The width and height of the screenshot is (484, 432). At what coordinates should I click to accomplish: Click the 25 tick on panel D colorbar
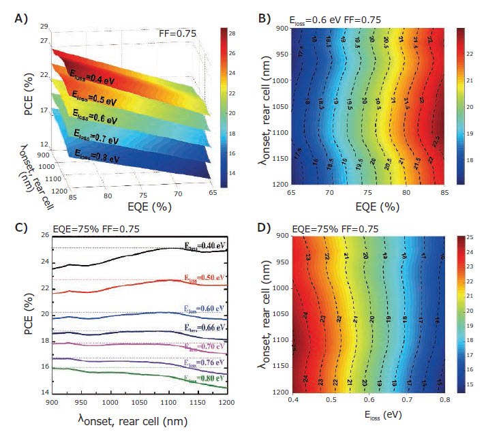click(470, 236)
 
